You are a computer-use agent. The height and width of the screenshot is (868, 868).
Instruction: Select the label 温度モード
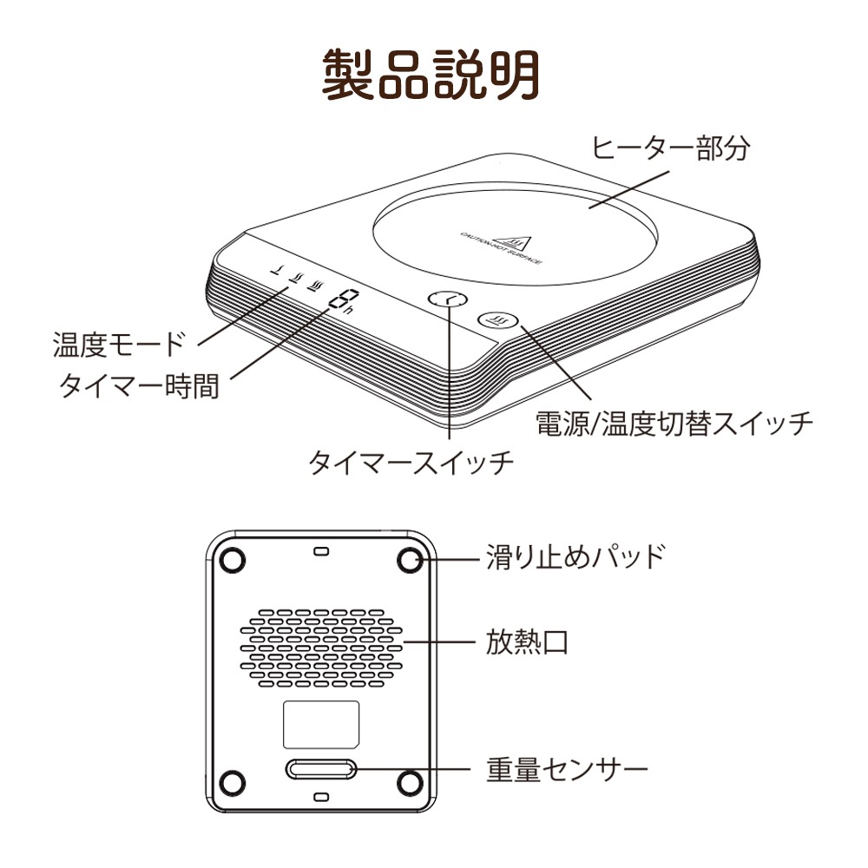(x=120, y=345)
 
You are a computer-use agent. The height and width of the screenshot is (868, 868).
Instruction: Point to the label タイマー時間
(x=139, y=385)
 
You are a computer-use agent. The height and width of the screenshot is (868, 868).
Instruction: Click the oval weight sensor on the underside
(x=320, y=770)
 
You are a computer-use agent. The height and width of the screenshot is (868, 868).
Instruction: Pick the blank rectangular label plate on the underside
(x=321, y=724)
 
